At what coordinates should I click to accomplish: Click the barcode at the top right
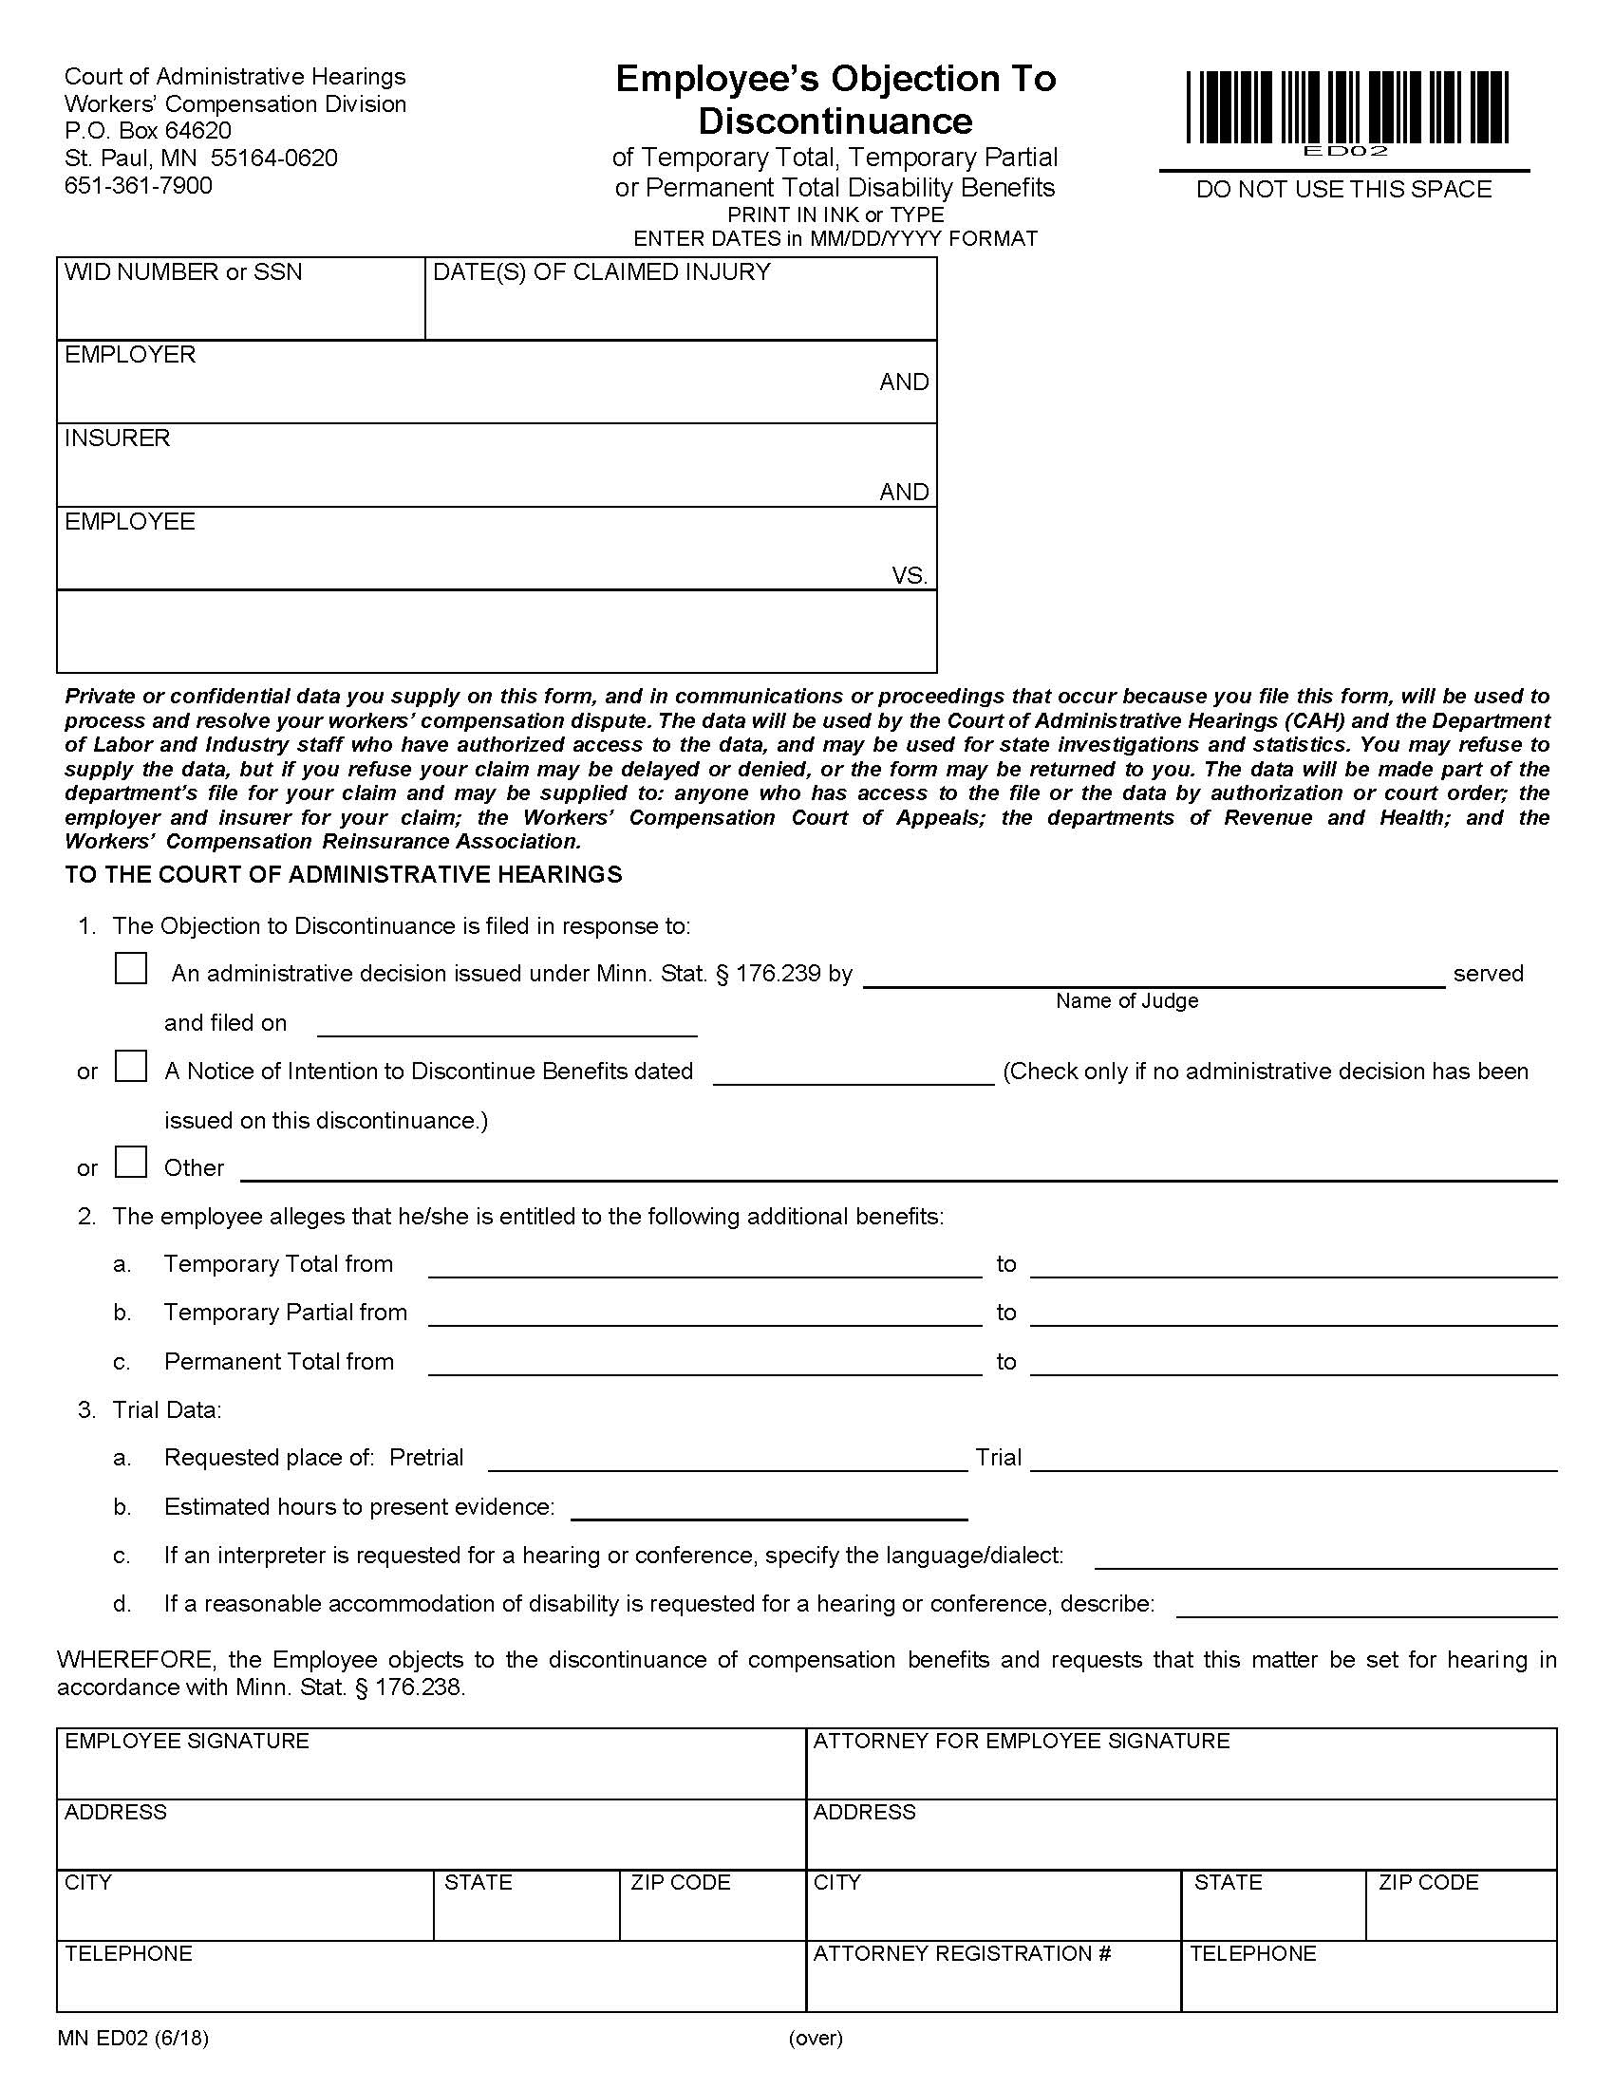click(x=1347, y=107)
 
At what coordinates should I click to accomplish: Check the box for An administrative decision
click(x=131, y=967)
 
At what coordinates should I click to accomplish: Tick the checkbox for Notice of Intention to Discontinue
click(x=131, y=1066)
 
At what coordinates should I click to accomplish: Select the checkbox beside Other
click(x=131, y=1162)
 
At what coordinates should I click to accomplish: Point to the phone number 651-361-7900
click(x=139, y=185)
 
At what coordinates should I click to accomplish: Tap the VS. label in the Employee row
click(x=910, y=575)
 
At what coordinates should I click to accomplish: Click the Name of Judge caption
click(x=1126, y=1001)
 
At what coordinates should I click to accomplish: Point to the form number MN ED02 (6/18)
click(x=133, y=2038)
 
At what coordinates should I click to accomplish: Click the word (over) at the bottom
click(x=816, y=2038)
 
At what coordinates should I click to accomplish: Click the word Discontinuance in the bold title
click(x=835, y=121)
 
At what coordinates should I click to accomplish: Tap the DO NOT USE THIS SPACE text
click(x=1343, y=189)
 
